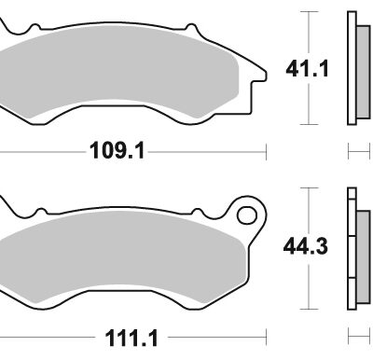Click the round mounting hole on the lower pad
tap(248, 216)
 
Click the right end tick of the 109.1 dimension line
tap(268, 150)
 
